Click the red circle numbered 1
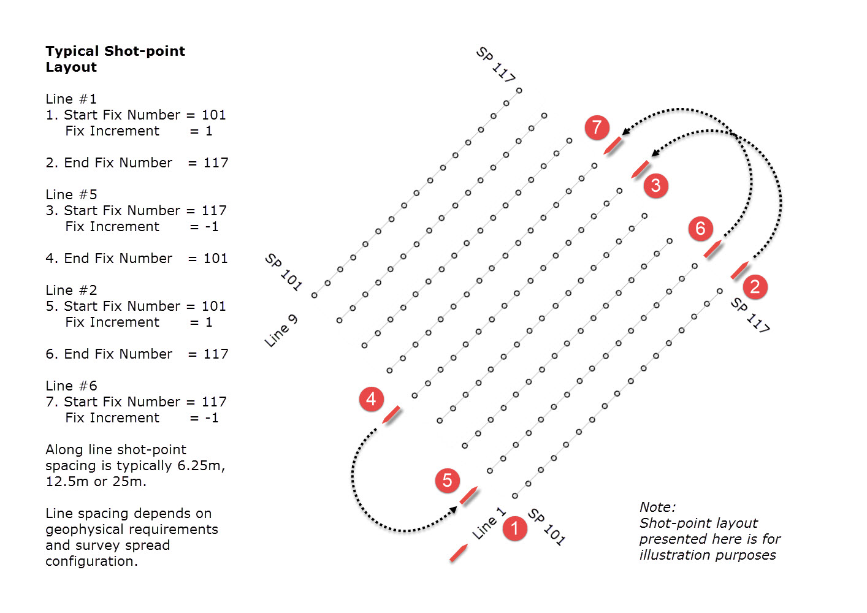tap(514, 528)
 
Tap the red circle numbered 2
tap(755, 286)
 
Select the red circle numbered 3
tap(655, 185)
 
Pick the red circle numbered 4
tap(371, 399)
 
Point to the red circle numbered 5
tap(447, 480)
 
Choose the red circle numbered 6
tap(700, 228)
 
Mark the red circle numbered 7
tap(597, 128)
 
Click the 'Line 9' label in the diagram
tap(281, 330)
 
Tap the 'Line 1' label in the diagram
tap(489, 524)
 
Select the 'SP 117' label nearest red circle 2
tap(750, 315)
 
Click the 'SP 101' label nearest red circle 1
tap(546, 527)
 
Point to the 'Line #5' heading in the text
tap(71, 194)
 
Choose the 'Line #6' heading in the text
tap(71, 386)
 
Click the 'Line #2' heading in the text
tap(71, 290)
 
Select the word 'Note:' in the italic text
tap(657, 507)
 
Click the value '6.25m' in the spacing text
tap(201, 465)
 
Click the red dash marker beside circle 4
tap(391, 415)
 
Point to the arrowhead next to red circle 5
tap(454, 509)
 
